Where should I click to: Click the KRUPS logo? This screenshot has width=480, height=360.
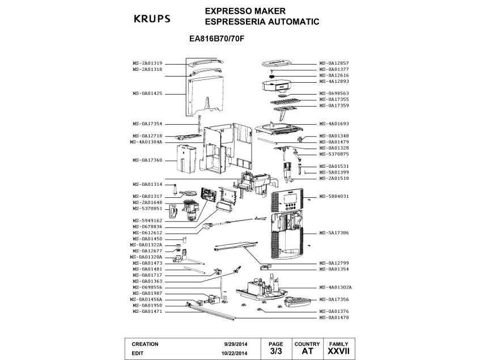[151, 18]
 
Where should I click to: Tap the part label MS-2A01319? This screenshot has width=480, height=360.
[147, 63]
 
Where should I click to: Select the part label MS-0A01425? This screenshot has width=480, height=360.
[147, 94]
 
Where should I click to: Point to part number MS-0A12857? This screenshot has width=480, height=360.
[334, 63]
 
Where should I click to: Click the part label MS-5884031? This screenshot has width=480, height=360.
[334, 196]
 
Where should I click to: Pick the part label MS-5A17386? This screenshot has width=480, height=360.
[334, 233]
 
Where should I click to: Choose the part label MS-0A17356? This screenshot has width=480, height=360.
[334, 299]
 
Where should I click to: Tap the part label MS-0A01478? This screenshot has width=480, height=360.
[334, 317]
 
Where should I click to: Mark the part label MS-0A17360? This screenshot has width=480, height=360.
[147, 160]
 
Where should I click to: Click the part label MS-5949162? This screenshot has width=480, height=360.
[147, 221]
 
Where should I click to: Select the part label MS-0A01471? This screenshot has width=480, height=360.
[147, 311]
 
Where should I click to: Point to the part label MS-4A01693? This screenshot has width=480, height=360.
[334, 124]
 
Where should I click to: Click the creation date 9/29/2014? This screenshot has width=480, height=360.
[235, 344]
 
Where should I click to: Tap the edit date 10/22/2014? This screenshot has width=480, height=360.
[233, 353]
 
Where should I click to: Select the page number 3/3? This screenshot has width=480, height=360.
[275, 352]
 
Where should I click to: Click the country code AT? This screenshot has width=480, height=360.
[307, 352]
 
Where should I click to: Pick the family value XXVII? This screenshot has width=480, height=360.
[338, 352]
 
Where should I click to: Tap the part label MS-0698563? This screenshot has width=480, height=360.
[334, 94]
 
